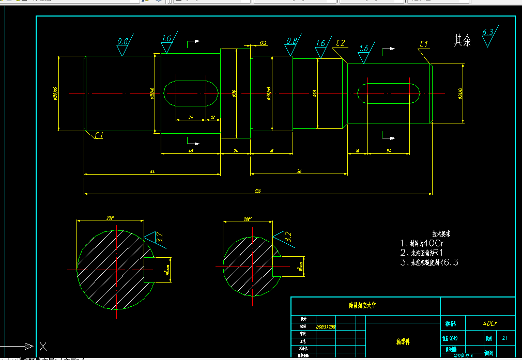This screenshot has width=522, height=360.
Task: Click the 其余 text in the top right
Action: (463, 41)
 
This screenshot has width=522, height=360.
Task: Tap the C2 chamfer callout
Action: (341, 43)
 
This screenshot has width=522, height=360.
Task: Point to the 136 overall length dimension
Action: (257, 191)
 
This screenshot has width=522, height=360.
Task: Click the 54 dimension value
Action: (152, 171)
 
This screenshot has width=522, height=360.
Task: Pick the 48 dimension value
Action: (190, 150)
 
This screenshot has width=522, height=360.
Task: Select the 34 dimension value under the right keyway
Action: (388, 150)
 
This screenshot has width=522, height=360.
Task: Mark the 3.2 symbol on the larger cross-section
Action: (159, 239)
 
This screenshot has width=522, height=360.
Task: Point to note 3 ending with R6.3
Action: (429, 262)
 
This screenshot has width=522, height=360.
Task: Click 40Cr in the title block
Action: (490, 323)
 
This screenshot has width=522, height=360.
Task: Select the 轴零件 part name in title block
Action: (403, 341)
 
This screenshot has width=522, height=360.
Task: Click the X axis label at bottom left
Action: (43, 346)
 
